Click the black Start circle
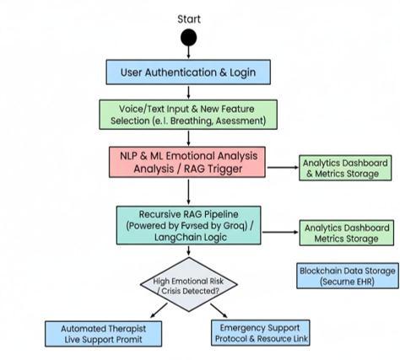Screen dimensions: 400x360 click(x=188, y=37)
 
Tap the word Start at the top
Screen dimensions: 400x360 click(x=189, y=19)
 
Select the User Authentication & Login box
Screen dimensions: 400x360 click(x=188, y=72)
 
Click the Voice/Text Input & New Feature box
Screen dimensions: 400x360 click(x=188, y=115)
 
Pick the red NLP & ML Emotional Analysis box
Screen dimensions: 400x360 click(x=187, y=162)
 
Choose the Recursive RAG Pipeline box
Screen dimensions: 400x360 click(x=189, y=225)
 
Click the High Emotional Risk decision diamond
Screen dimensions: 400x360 click(x=189, y=284)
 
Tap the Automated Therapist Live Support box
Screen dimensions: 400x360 click(x=103, y=334)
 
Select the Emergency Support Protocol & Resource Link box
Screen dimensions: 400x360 click(x=261, y=333)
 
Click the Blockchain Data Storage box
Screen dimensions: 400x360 click(x=348, y=276)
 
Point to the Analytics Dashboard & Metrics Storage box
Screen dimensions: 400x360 click(x=345, y=168)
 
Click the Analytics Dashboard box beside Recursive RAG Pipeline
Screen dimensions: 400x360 click(x=347, y=233)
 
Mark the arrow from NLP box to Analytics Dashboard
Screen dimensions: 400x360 click(x=283, y=167)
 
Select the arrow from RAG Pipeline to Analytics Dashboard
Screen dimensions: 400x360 click(x=280, y=232)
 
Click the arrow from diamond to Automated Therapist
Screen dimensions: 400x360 click(x=159, y=310)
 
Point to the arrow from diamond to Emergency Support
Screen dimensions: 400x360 click(x=219, y=310)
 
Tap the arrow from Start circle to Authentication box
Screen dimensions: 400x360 click(x=188, y=52)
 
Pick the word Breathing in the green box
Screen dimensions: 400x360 click(x=191, y=121)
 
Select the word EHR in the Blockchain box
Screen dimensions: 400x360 click(x=365, y=282)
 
